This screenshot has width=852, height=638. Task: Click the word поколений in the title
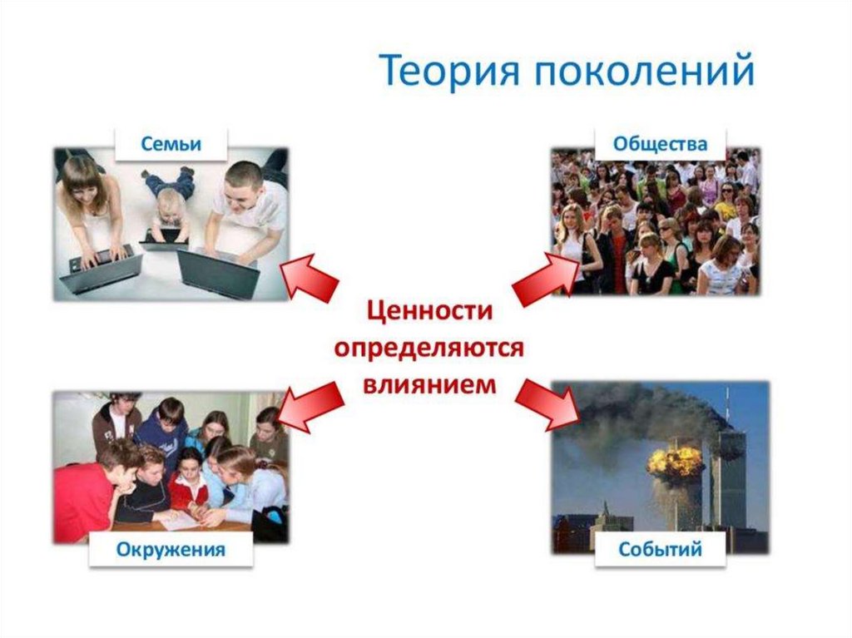pyautogui.click(x=642, y=71)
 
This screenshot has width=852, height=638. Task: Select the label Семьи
pyautogui.click(x=171, y=143)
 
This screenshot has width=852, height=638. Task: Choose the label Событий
pyautogui.click(x=661, y=550)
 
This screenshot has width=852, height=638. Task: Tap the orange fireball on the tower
pyautogui.click(x=676, y=462)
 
